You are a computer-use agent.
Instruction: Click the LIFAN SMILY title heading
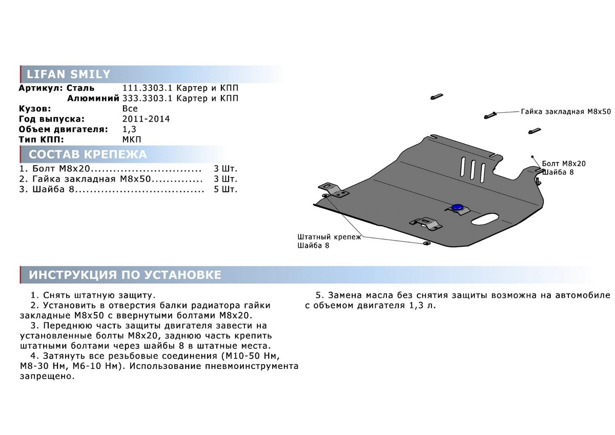click(69, 74)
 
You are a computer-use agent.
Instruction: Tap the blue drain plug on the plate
click(457, 207)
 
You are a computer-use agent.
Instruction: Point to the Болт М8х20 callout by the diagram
click(563, 164)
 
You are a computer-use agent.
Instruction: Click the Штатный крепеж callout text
click(329, 237)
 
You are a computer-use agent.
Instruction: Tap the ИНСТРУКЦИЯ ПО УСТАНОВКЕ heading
click(125, 275)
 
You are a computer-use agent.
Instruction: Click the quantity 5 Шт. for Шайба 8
click(225, 189)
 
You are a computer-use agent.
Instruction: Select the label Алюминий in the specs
click(91, 98)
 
